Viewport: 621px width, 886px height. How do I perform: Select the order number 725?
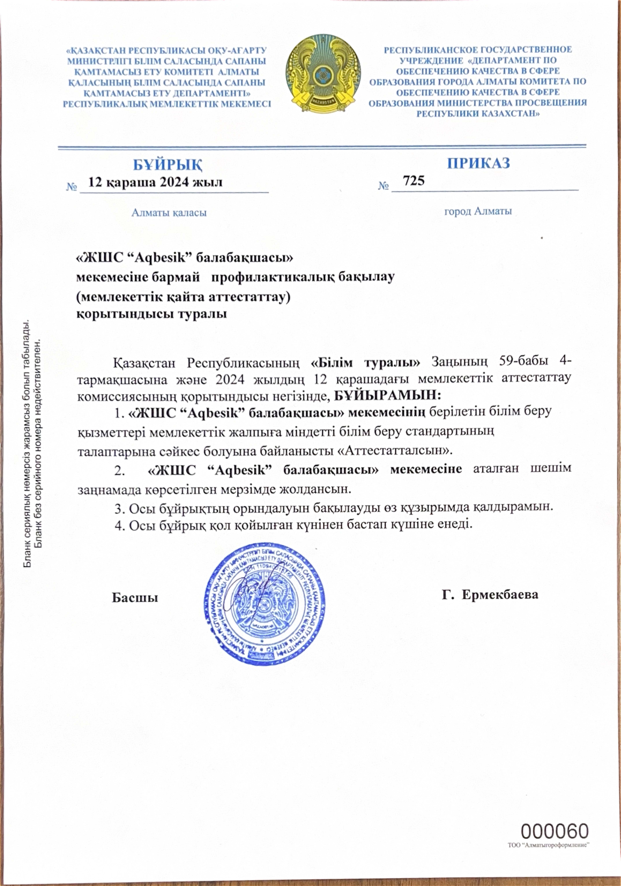click(413, 180)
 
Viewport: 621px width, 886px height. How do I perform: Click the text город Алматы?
click(478, 211)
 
